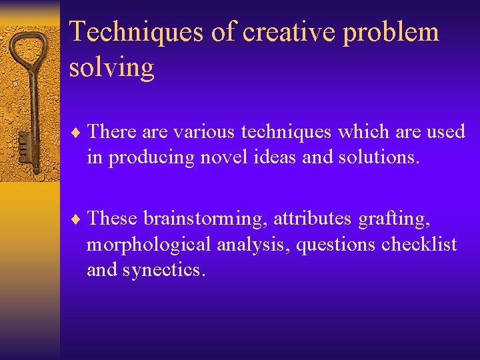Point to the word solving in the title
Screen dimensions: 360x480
[111, 67]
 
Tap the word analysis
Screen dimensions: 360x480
[253, 245]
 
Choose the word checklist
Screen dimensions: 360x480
[419, 245]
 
